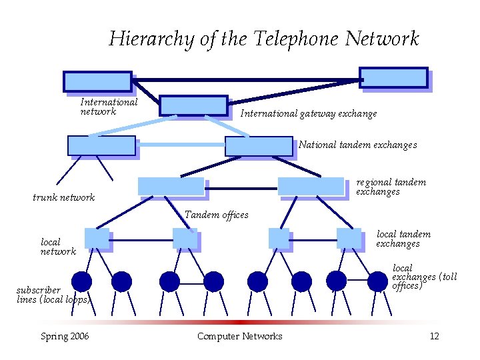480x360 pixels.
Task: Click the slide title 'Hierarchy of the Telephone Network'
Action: tap(264, 39)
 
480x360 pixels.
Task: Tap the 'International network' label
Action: tap(109, 107)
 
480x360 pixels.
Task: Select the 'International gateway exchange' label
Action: tap(308, 114)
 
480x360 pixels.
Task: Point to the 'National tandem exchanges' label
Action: tap(357, 145)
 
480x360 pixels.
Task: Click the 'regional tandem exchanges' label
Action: tap(391, 187)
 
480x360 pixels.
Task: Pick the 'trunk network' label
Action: tap(64, 197)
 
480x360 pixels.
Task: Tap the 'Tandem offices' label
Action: tap(216, 215)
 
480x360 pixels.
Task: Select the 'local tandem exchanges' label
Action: tap(403, 239)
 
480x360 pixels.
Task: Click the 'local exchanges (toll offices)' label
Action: tap(424, 277)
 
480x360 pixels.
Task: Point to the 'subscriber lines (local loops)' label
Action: tap(53, 295)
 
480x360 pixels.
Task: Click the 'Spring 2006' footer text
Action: tap(65, 336)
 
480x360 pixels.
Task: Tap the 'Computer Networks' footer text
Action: tap(239, 336)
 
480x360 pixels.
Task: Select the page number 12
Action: tap(434, 336)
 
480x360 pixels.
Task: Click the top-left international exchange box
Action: tap(97, 81)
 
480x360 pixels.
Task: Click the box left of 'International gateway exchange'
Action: tap(193, 105)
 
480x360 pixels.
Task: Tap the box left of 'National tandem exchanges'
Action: tap(259, 146)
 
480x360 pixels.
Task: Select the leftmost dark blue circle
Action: tap(81, 282)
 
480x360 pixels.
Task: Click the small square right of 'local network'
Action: tap(97, 239)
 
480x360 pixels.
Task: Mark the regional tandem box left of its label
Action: tap(311, 186)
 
